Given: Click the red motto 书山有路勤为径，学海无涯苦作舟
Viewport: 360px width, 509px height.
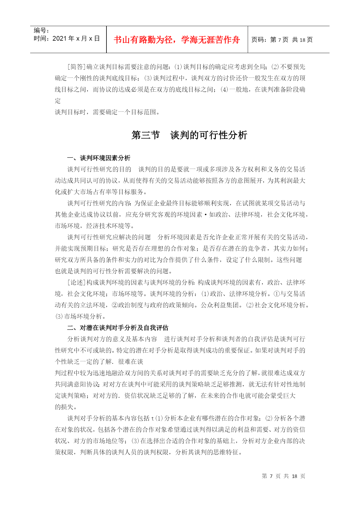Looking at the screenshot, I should [x=177, y=40].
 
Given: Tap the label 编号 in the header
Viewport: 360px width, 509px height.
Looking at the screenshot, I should [x=41, y=30].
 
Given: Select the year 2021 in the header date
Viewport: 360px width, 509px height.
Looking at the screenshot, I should [x=59, y=39].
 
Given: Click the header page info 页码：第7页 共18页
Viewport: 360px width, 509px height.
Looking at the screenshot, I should [x=282, y=40].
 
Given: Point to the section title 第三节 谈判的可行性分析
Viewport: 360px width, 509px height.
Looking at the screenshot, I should [x=189, y=135].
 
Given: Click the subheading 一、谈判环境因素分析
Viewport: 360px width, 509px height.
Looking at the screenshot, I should [x=99, y=158].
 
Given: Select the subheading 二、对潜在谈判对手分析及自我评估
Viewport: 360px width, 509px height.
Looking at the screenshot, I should [x=117, y=328].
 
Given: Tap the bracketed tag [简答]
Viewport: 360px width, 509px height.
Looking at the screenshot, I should [x=77, y=67].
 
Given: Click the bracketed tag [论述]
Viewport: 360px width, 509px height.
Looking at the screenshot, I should [x=77, y=282].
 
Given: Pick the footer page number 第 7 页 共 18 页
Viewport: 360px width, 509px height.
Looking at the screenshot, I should [x=283, y=476].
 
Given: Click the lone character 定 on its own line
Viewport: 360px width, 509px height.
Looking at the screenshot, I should [x=58, y=101].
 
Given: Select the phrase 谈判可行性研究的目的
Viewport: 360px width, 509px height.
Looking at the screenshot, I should [x=99, y=169].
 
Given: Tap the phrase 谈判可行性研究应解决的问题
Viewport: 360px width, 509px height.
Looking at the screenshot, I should [x=109, y=237].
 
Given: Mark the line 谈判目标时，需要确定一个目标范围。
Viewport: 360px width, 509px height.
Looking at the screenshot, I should [x=107, y=112].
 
